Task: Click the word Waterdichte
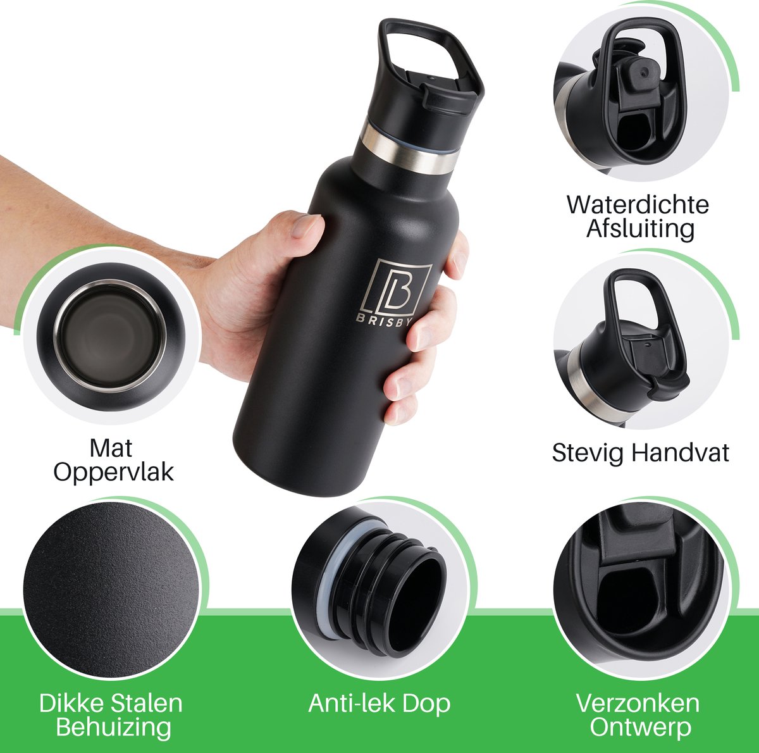pyautogui.click(x=638, y=205)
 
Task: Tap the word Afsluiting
pyautogui.click(x=640, y=228)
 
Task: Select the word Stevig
pyautogui.click(x=588, y=453)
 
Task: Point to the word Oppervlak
pyautogui.click(x=113, y=472)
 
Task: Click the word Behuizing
pyautogui.click(x=113, y=727)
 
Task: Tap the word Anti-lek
pyautogui.click(x=344, y=704)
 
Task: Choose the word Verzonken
pyautogui.click(x=638, y=704)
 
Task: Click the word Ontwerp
pyautogui.click(x=640, y=727)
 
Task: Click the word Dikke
pyautogui.click(x=70, y=704)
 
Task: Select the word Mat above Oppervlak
pyautogui.click(x=111, y=448)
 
